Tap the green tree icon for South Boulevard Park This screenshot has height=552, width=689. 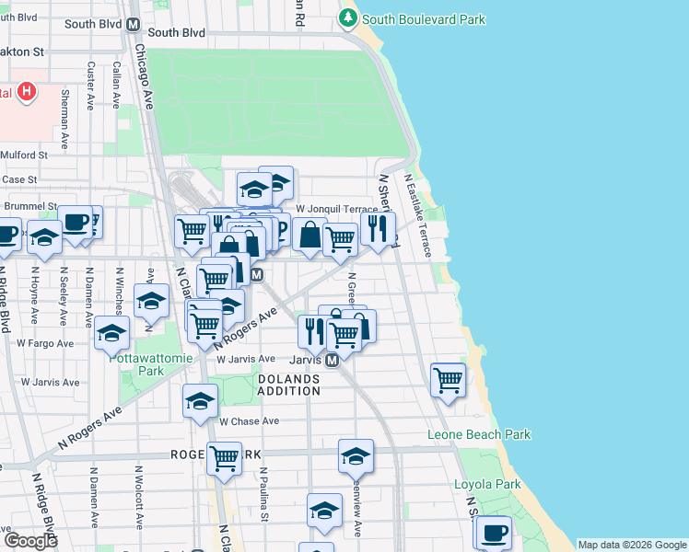coord(348,17)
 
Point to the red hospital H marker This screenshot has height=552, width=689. coord(27,92)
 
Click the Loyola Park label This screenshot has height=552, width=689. coord(487,484)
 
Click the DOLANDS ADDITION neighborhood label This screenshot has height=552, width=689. coord(288,385)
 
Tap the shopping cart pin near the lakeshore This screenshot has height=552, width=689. coord(448,378)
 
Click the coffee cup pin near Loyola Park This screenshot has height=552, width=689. coord(494,532)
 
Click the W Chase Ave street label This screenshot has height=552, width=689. coord(249,421)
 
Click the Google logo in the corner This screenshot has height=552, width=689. coord(30,541)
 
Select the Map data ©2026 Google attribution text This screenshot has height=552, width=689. coord(631,545)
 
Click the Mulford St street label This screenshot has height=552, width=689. coord(24,155)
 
